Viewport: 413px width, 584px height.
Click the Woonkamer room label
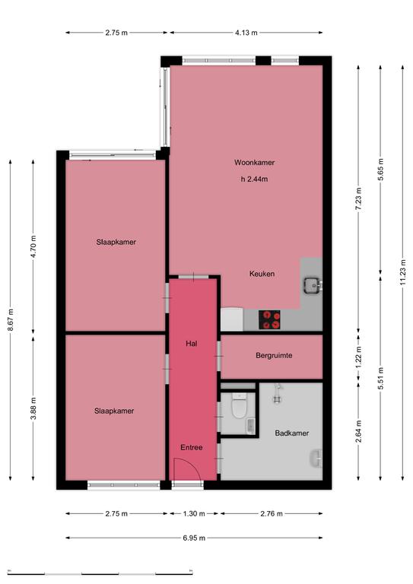[254, 163]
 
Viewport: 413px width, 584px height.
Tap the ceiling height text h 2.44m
[254, 179]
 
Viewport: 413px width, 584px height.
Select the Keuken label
[262, 274]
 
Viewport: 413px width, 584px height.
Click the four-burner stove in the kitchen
[269, 319]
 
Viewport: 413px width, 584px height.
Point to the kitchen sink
[312, 286]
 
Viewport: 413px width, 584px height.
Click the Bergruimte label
[274, 355]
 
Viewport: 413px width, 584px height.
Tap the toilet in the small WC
[239, 405]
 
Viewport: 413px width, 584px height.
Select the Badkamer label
[292, 433]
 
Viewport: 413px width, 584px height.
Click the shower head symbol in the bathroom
[277, 394]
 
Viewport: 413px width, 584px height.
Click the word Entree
[192, 447]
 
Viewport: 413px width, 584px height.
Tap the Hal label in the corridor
[192, 344]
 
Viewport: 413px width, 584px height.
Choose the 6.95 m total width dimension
[194, 538]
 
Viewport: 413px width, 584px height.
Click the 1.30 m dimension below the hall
[194, 513]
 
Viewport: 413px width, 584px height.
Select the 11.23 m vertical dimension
[402, 273]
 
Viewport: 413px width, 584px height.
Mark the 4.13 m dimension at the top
[246, 33]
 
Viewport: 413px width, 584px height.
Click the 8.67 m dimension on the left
[11, 320]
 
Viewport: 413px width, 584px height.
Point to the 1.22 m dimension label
[358, 357]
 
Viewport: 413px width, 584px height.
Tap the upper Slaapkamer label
[116, 242]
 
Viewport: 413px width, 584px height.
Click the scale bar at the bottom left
[100, 573]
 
